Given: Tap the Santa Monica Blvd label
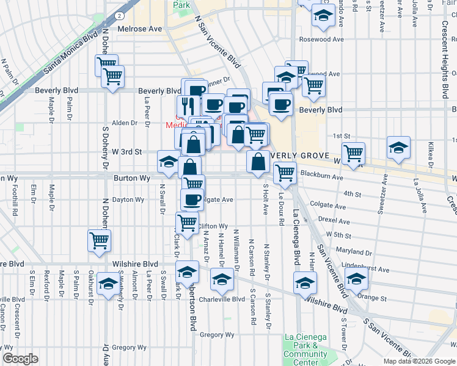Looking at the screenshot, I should coord(71,54).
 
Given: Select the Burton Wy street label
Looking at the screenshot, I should coord(131,178).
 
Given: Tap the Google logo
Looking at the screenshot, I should coord(20,359).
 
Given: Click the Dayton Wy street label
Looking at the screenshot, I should coord(128,199).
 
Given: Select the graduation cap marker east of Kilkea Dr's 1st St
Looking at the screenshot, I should coord(398,148).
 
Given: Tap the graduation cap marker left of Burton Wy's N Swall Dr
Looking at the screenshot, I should coord(169,161).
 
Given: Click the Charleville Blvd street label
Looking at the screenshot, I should coord(222,300).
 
